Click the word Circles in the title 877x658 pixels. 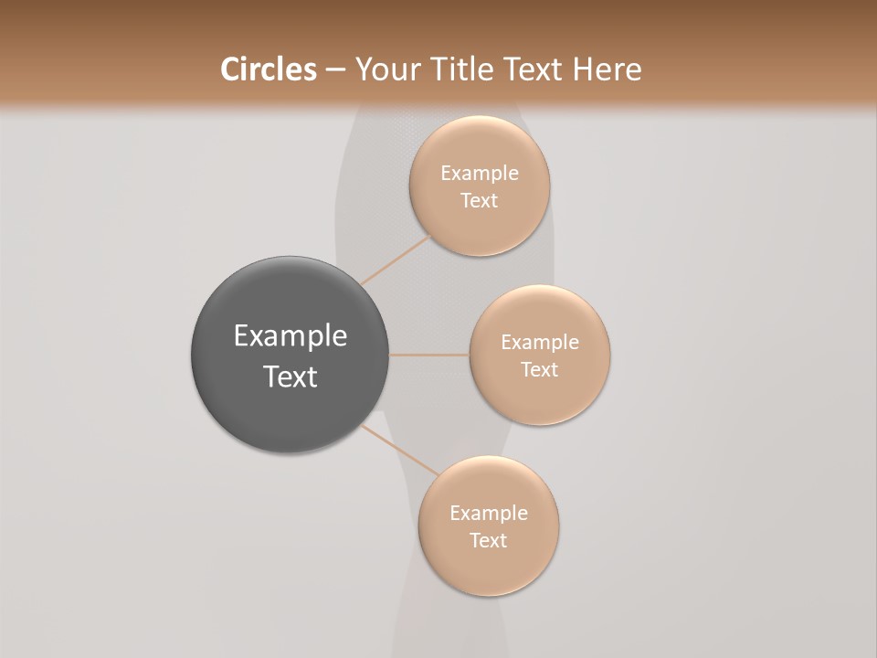click(268, 69)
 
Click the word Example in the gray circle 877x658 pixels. click(291, 336)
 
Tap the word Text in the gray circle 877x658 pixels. click(291, 377)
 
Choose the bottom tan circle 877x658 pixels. click(489, 567)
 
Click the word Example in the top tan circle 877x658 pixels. click(480, 174)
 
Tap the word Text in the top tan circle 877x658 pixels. click(480, 201)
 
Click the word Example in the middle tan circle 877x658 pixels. click(540, 343)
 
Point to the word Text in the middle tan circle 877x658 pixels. click(540, 370)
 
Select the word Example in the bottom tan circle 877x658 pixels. click(489, 514)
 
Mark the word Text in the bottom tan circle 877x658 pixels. click(489, 541)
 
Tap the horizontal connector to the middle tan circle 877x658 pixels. click(428, 355)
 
